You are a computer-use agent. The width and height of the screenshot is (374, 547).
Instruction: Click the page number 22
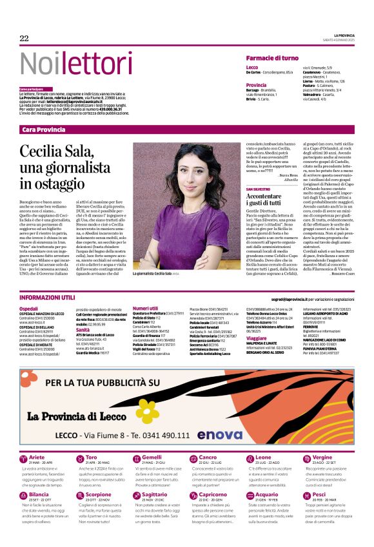pyautogui.click(x=25, y=39)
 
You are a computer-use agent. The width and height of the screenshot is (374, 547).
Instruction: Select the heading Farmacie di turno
pyautogui.click(x=272, y=58)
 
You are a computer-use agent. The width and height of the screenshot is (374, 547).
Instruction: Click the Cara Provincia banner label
pyautogui.click(x=44, y=130)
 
